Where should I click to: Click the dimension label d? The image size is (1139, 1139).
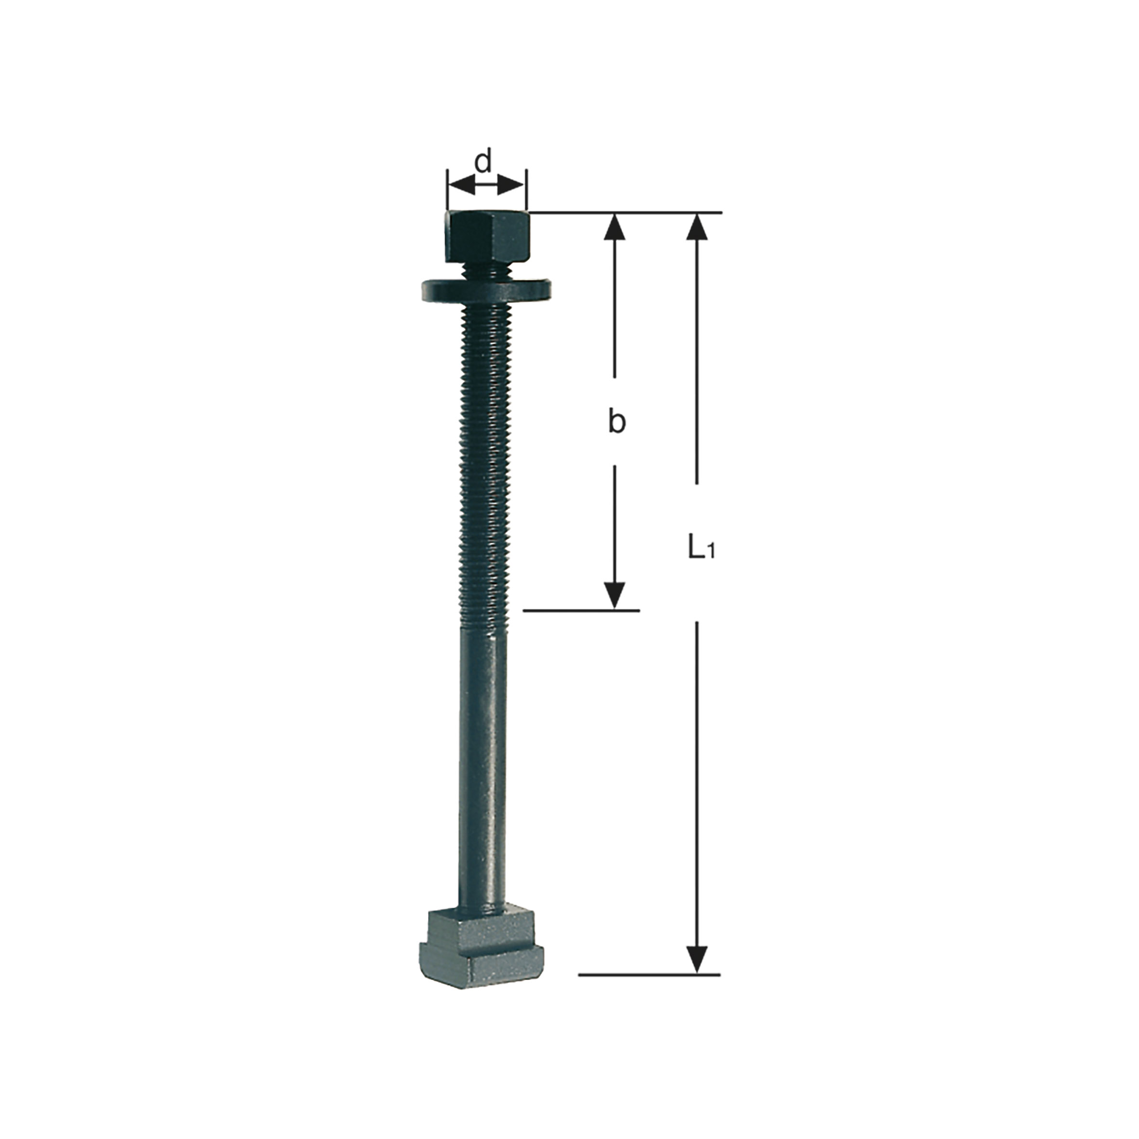coord(483,161)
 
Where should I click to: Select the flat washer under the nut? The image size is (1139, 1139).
coord(486,290)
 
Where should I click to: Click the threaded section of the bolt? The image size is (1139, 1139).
coord(484,466)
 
